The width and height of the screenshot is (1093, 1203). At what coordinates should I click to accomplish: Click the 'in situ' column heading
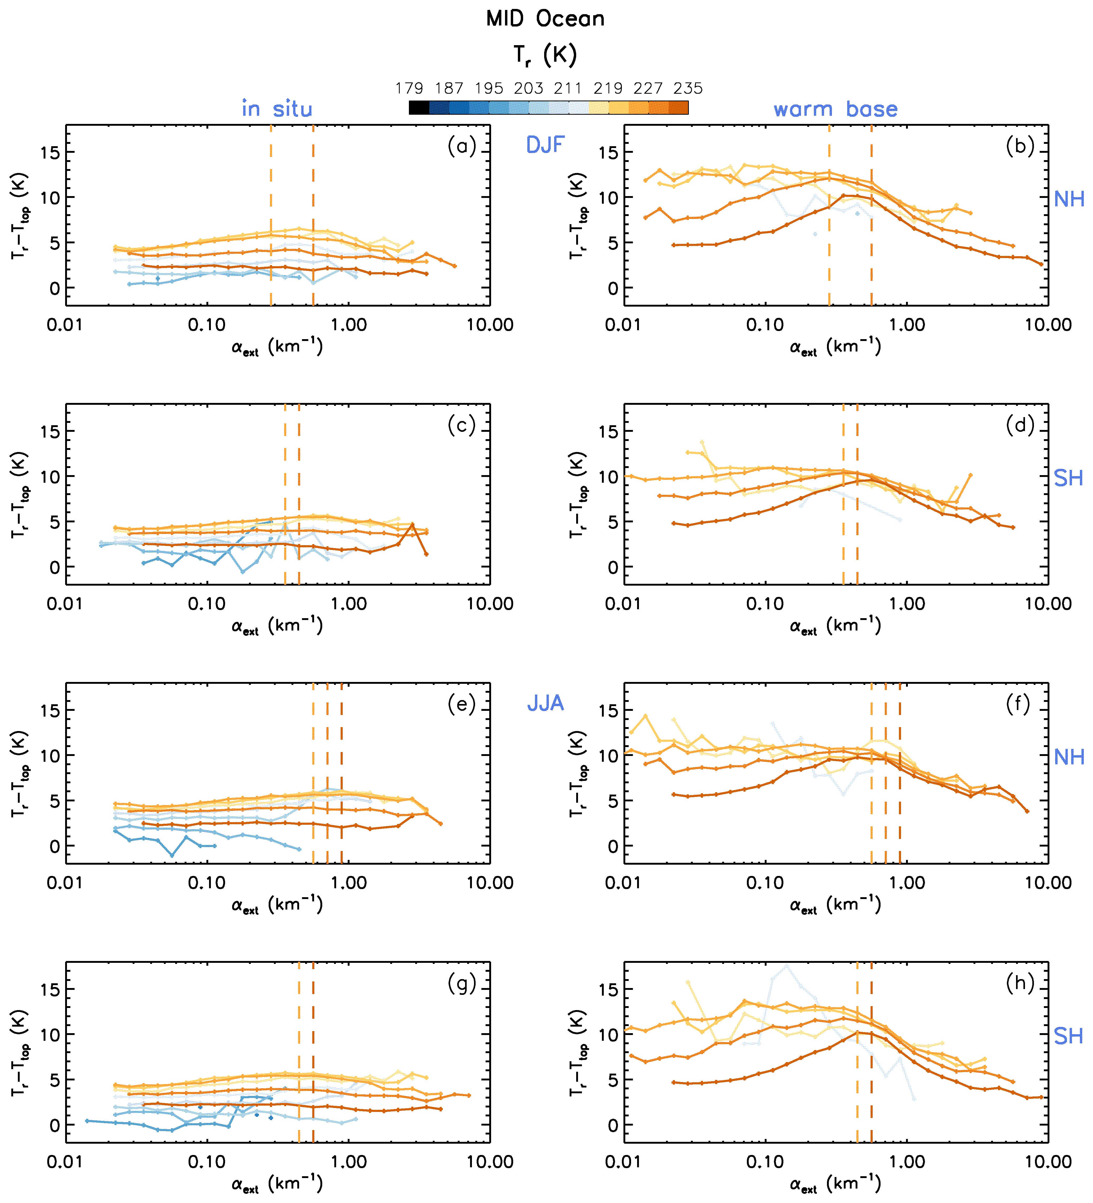[277, 109]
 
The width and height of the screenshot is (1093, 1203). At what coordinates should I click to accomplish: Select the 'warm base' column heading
[835, 109]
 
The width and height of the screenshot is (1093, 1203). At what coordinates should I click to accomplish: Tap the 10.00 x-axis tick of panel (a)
[490, 325]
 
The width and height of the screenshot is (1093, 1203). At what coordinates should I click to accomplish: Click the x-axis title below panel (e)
[277, 905]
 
